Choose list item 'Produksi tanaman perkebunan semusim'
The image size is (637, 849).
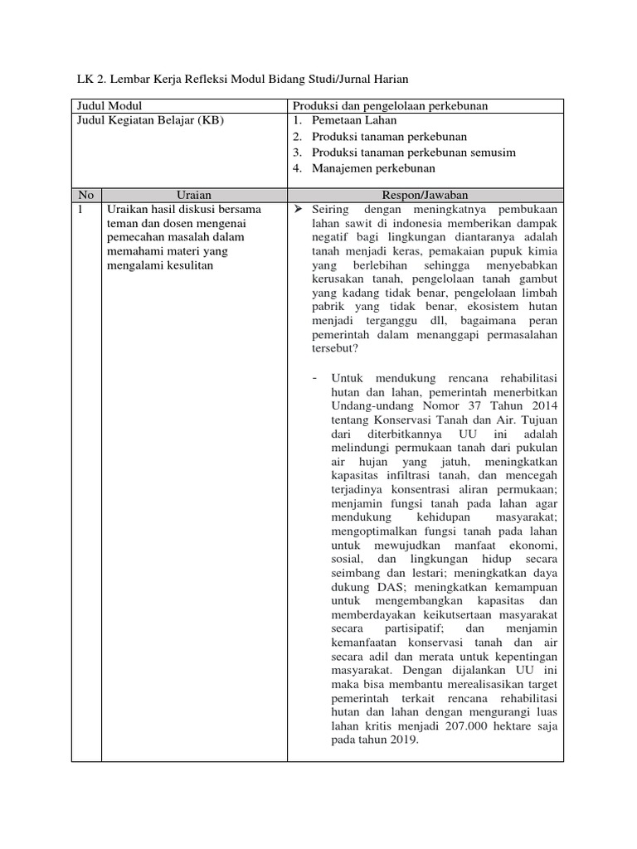click(414, 153)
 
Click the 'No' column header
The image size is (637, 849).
click(86, 195)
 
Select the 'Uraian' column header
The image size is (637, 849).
click(194, 195)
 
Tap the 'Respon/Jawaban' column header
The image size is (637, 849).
click(425, 195)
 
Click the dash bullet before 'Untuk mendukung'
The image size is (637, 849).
click(315, 378)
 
